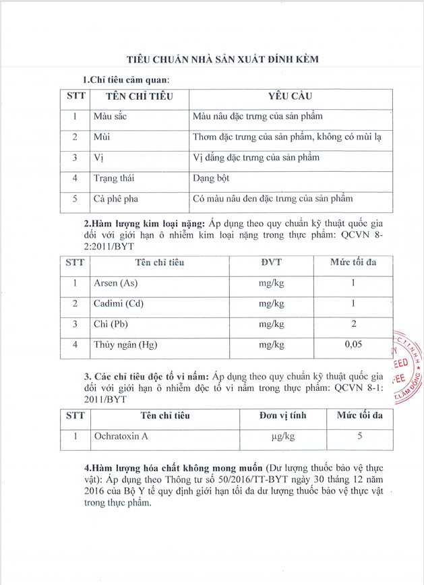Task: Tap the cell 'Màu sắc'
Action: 110,117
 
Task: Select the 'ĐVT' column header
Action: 272,263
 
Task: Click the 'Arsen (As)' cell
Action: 115,283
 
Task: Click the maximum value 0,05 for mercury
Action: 353,345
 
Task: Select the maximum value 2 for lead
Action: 353,324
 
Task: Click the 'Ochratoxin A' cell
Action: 121,436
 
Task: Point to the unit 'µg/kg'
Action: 282,436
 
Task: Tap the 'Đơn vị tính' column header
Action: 282,416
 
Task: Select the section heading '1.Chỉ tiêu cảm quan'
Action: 129,80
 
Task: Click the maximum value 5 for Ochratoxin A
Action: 360,436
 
